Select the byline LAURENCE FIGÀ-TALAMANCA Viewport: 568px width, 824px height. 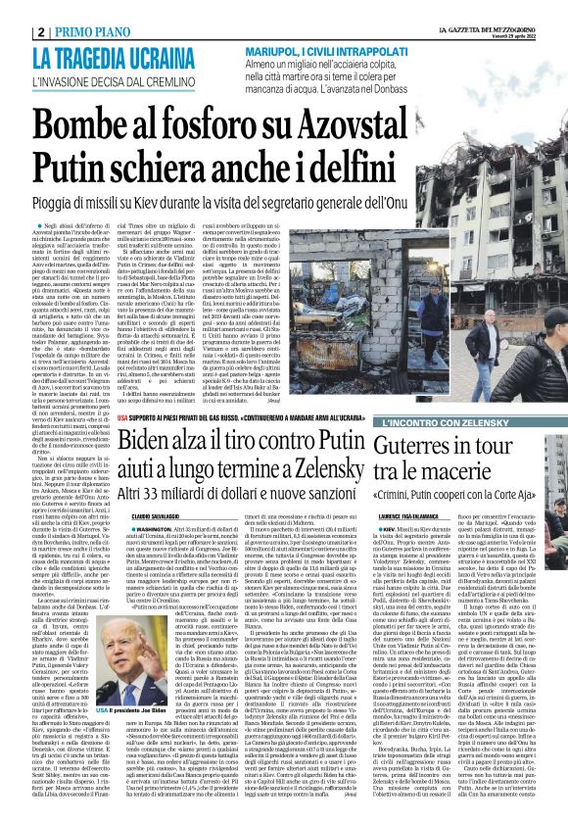coord(435,513)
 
